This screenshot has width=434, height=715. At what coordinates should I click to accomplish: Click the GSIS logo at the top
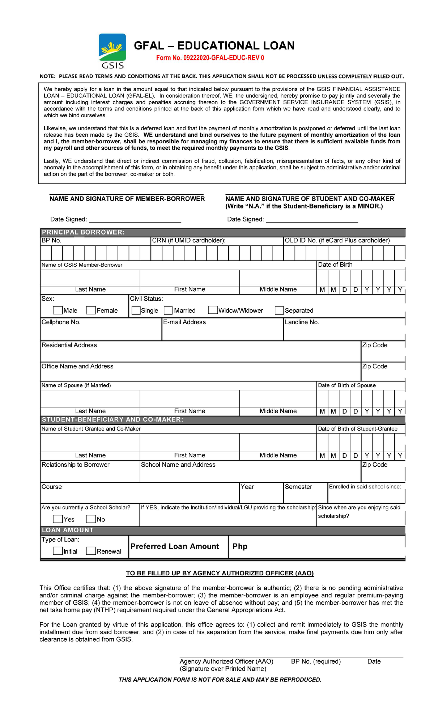(112, 51)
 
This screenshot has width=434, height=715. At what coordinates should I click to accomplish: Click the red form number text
(210, 58)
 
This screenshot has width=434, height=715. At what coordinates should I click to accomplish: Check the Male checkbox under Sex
(58, 310)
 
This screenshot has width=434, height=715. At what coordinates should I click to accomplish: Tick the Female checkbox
(91, 310)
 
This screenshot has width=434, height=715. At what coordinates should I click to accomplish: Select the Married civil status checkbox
(168, 310)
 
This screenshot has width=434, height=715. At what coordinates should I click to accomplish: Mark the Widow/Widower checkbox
(213, 310)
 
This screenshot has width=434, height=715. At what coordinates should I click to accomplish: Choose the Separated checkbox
(279, 310)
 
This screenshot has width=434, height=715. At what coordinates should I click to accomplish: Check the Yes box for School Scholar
(58, 519)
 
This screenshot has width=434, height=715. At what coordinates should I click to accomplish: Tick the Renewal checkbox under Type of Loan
(91, 551)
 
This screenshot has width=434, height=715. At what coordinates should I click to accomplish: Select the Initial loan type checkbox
(58, 551)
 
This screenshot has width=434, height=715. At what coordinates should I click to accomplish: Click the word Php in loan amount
(240, 546)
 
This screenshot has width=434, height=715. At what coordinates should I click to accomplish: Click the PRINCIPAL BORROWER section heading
(83, 232)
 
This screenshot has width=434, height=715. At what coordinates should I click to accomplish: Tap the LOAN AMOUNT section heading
(68, 530)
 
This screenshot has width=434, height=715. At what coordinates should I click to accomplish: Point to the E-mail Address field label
(184, 322)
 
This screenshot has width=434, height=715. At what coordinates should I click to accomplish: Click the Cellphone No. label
(61, 322)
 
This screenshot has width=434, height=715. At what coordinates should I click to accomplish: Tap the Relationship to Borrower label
(75, 465)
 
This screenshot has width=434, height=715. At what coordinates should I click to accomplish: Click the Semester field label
(298, 487)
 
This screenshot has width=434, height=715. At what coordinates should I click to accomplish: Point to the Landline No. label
(302, 322)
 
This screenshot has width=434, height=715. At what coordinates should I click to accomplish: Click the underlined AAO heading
(220, 573)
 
